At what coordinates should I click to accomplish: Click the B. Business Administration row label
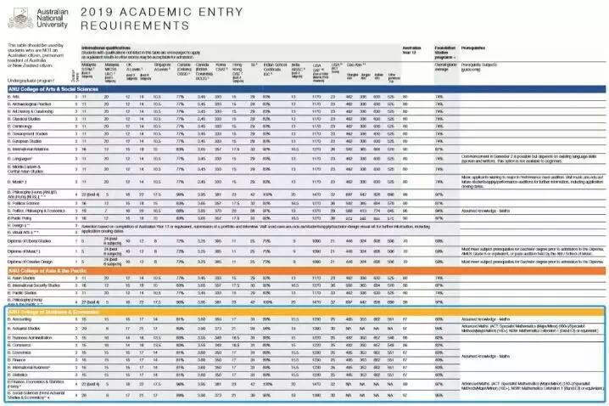point(34,339)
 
